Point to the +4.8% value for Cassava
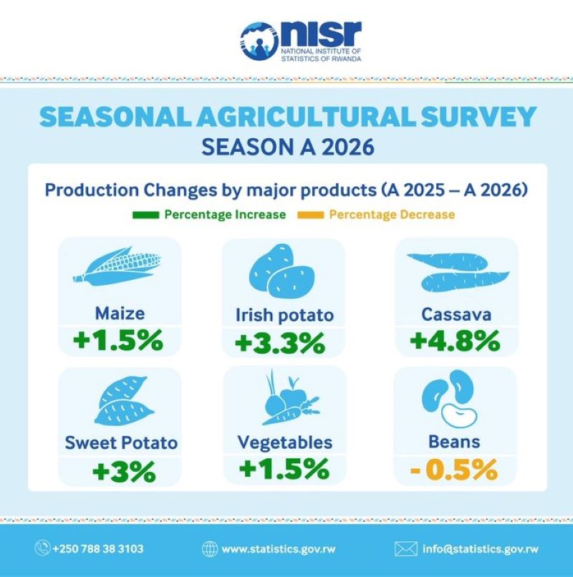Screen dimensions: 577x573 pos(455,341)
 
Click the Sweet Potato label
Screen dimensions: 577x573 pos(121,442)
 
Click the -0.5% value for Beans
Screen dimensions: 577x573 pos(456,470)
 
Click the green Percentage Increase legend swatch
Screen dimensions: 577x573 pos(145,215)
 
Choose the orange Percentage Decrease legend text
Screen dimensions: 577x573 pos(391,215)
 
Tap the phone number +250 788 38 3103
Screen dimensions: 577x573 pos(98,549)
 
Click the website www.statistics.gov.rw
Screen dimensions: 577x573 pos(269,549)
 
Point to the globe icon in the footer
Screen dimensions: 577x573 pos(210,549)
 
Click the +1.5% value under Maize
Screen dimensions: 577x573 pos(120,341)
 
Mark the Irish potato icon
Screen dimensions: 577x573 pos(282,271)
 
